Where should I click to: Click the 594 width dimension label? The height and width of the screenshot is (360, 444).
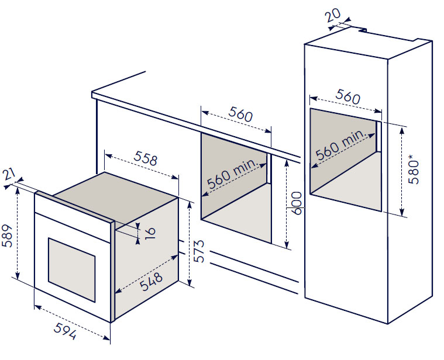coord(65,331)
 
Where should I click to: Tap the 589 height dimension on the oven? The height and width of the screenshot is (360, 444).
coord(8,236)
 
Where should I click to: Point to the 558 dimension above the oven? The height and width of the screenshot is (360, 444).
coord(145,158)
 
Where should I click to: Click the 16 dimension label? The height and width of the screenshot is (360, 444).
coord(150,233)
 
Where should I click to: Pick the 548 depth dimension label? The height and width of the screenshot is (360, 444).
coord(151,281)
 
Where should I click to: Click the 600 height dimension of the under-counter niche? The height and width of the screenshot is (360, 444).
coord(297,203)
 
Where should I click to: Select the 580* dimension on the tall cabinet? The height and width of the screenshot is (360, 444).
coord(414,172)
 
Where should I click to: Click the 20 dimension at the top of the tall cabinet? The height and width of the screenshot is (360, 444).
coord(333,15)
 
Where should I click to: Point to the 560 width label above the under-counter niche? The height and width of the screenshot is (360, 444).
coord(240,114)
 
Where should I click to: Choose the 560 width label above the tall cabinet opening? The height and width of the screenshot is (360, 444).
coord(347,96)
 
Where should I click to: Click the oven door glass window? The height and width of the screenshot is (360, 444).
coord(71,270)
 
